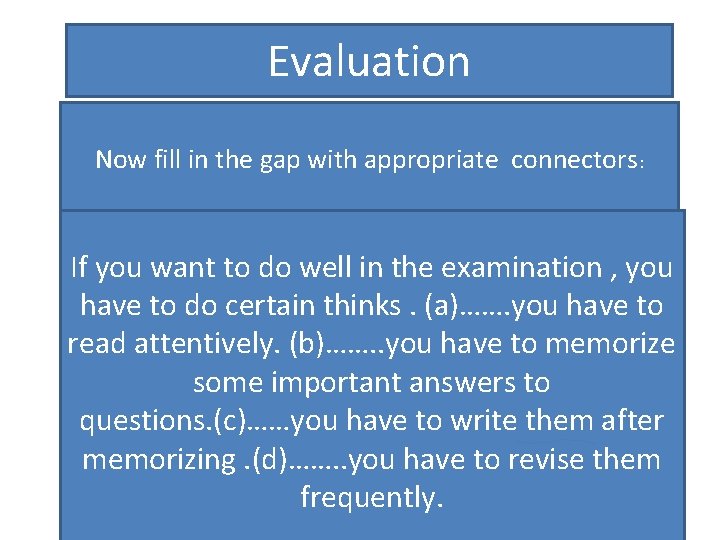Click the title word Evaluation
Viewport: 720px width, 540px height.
pos(368,62)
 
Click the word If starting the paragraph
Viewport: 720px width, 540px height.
pos(81,268)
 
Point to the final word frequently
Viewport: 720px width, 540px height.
pos(371,498)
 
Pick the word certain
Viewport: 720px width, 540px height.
pos(271,306)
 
